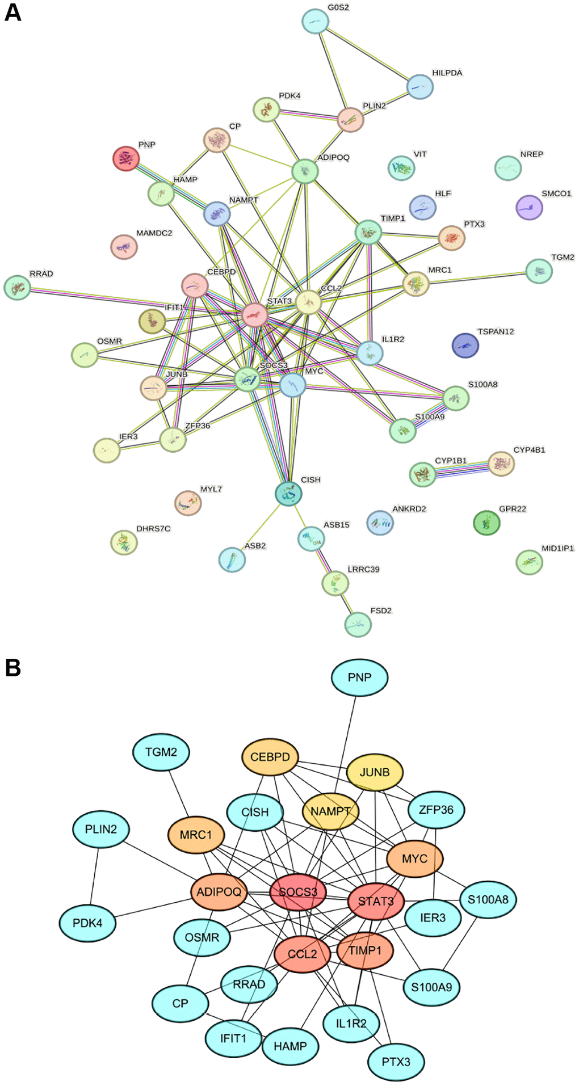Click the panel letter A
(x=12, y=12)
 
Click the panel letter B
(x=12, y=667)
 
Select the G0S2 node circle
(x=315, y=22)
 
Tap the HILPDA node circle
(x=419, y=87)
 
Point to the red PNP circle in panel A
(x=126, y=158)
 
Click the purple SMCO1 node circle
(x=529, y=207)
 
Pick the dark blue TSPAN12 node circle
(x=465, y=346)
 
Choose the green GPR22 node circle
(x=486, y=523)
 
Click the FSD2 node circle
(x=358, y=625)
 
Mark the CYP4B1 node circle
(x=501, y=464)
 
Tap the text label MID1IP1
(x=557, y=548)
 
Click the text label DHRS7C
(x=153, y=528)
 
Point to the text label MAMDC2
(x=154, y=233)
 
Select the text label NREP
(x=531, y=154)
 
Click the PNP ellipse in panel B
(x=359, y=677)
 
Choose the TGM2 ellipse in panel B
(x=161, y=752)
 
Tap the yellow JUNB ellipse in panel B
(x=375, y=772)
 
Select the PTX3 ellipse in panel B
(x=396, y=1062)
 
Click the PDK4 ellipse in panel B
(x=87, y=923)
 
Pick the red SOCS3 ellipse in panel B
(x=298, y=892)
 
